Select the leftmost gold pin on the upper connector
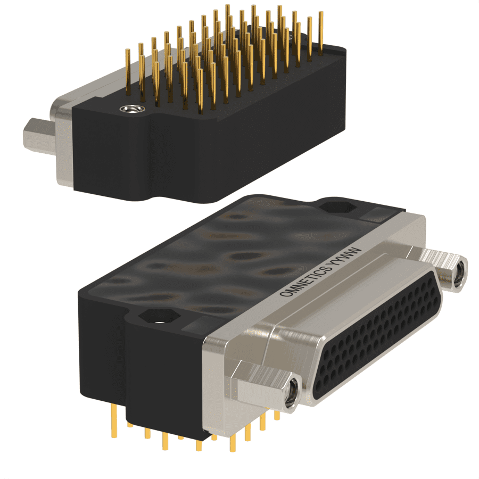point(128,72)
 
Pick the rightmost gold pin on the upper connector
point(321,33)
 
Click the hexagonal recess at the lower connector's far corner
point(337,207)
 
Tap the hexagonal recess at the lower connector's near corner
point(159,316)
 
